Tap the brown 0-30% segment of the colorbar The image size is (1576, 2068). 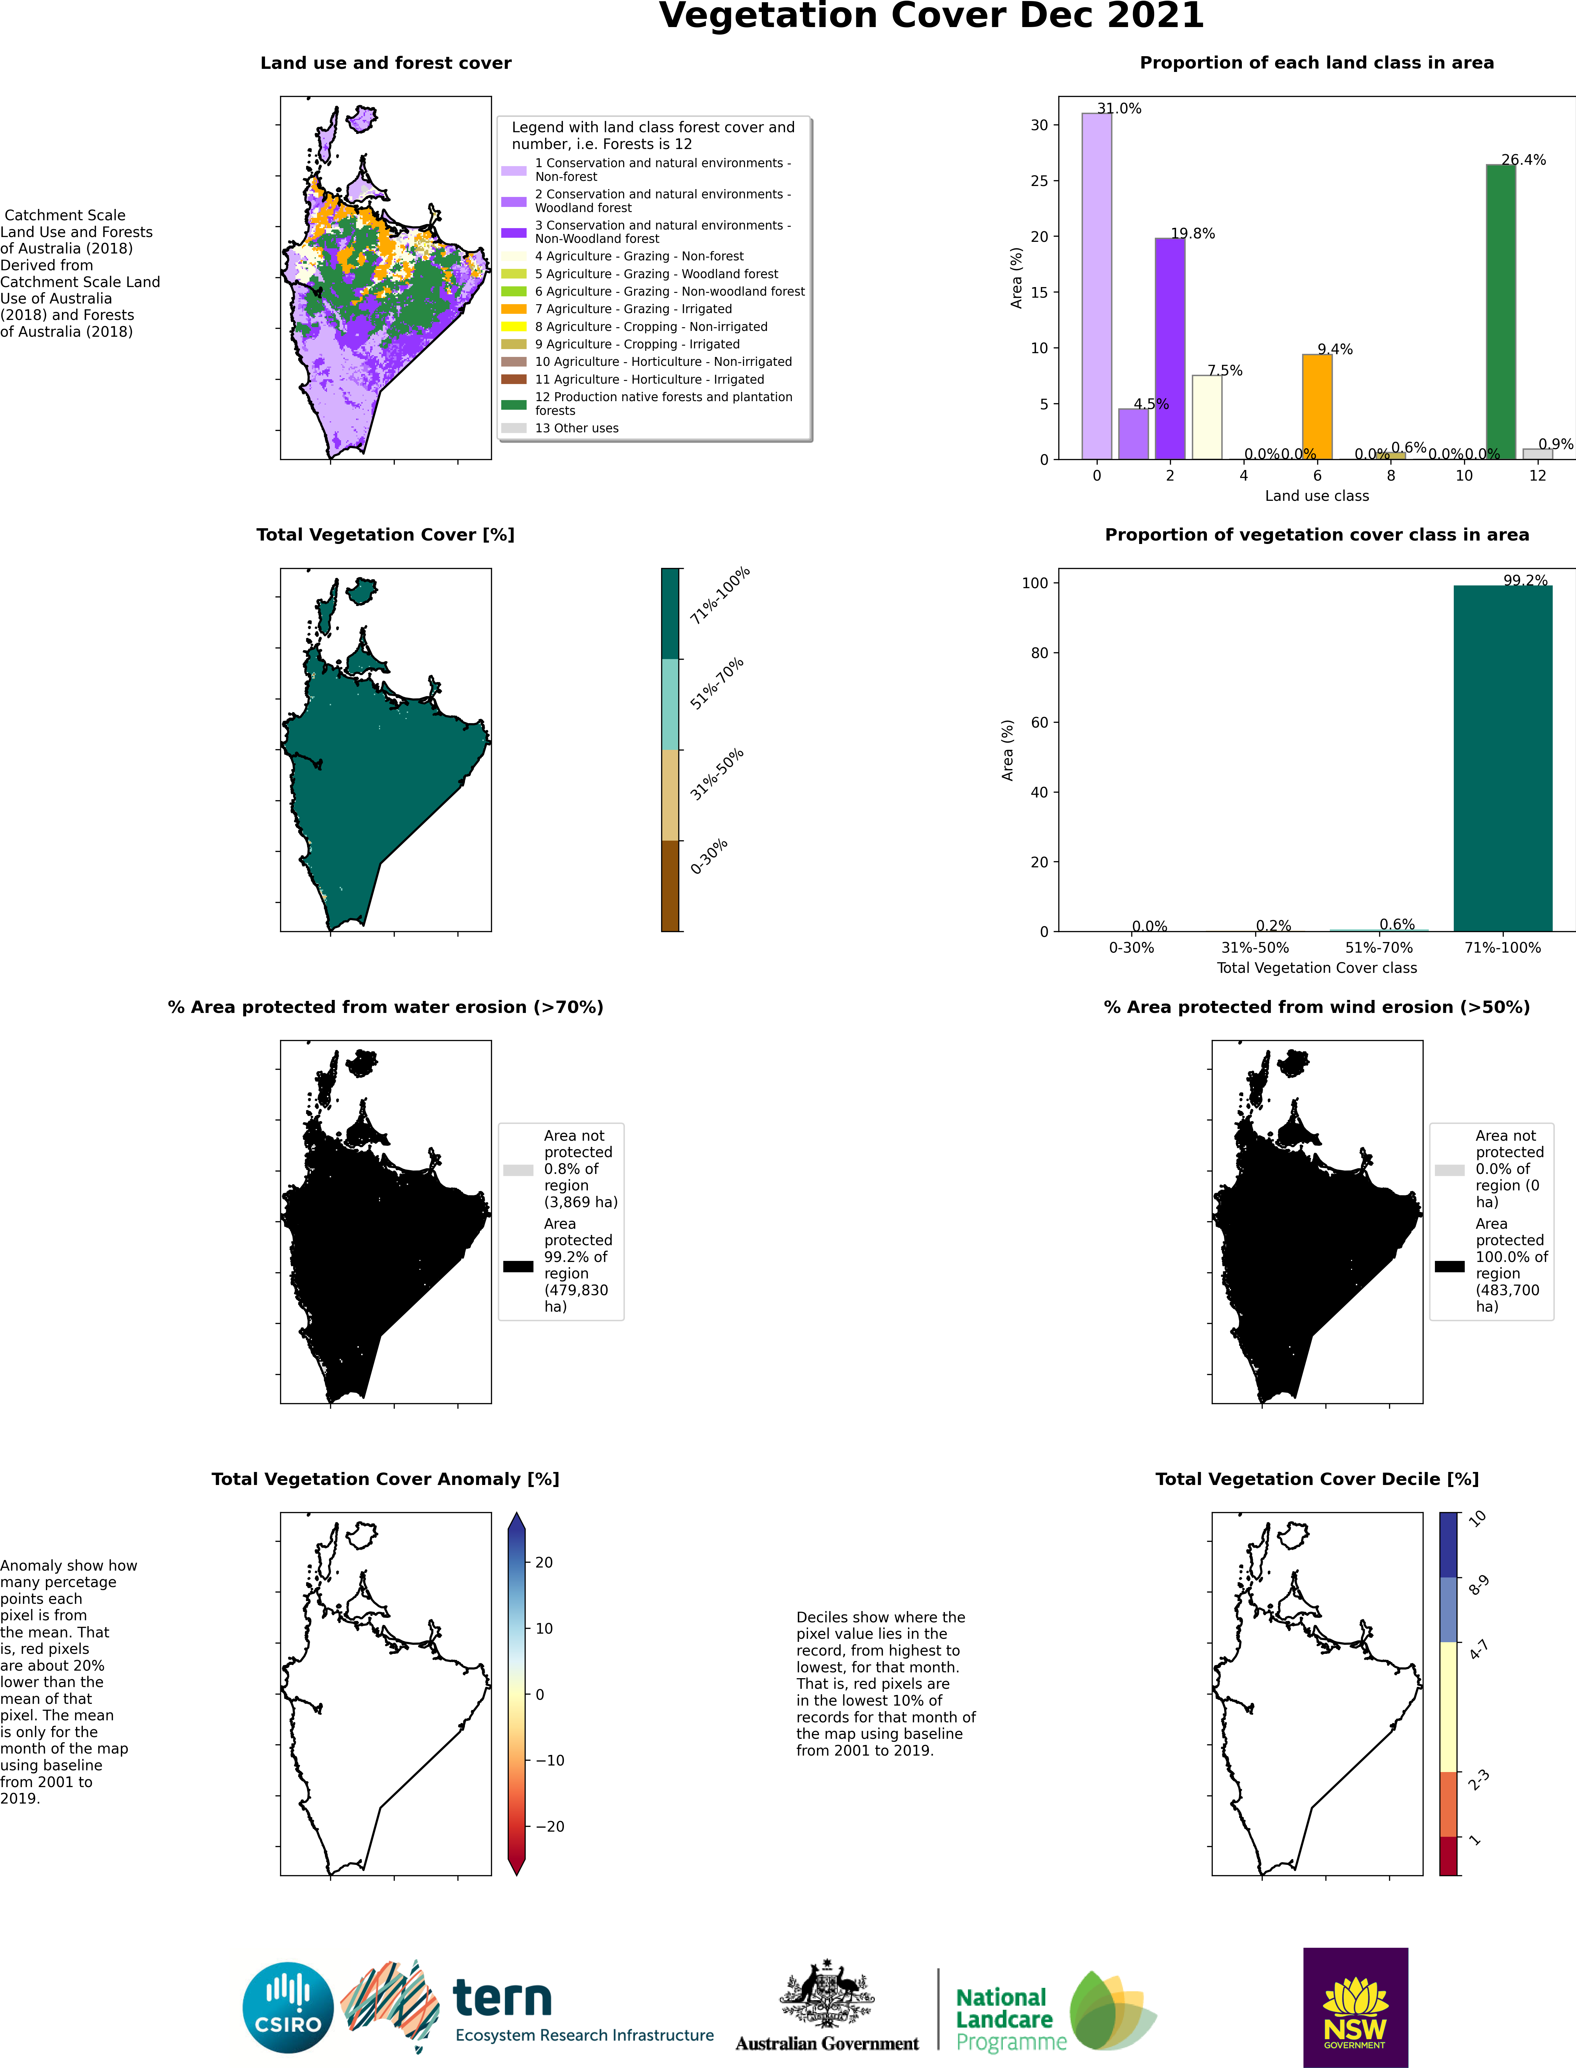[x=670, y=886]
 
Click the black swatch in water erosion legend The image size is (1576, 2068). [x=518, y=1266]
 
